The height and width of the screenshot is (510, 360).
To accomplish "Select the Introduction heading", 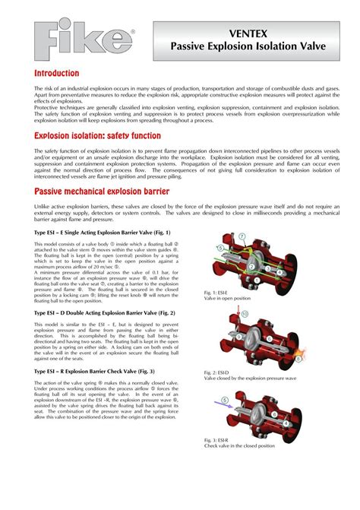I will tap(56, 73).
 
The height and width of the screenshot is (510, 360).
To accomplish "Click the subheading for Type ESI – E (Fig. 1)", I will tap(103, 232).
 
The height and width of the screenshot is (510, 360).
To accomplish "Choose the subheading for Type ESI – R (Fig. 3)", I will tap(94, 371).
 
